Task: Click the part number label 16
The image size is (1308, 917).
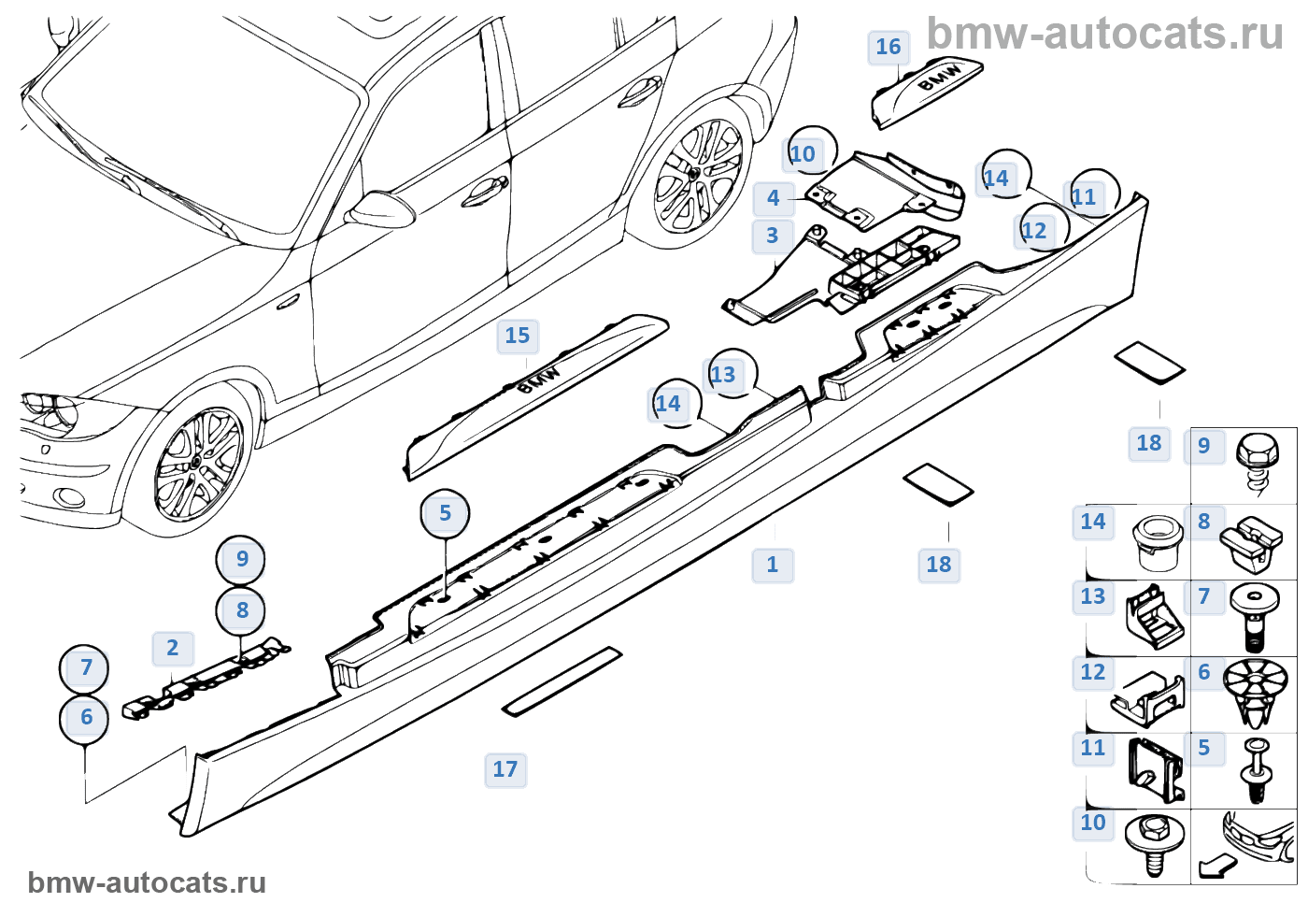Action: click(x=888, y=48)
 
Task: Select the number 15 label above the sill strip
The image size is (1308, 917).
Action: click(x=517, y=337)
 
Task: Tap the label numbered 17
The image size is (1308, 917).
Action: click(x=505, y=770)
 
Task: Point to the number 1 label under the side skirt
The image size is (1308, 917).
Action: click(x=773, y=566)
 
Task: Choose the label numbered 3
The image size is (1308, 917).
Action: click(x=772, y=236)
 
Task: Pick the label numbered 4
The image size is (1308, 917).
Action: click(x=773, y=198)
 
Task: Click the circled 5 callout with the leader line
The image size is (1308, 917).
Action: click(x=445, y=514)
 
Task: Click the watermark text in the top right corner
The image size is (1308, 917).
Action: click(x=1104, y=35)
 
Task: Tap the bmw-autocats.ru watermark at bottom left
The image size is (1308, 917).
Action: click(x=147, y=883)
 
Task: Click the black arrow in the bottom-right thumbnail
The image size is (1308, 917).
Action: click(x=1216, y=867)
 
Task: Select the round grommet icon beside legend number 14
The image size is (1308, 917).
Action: click(x=1159, y=539)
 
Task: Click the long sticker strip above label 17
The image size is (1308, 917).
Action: click(x=562, y=681)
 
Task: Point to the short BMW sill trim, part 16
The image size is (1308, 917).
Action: click(x=925, y=91)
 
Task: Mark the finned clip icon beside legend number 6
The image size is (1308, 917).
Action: click(x=1255, y=690)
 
